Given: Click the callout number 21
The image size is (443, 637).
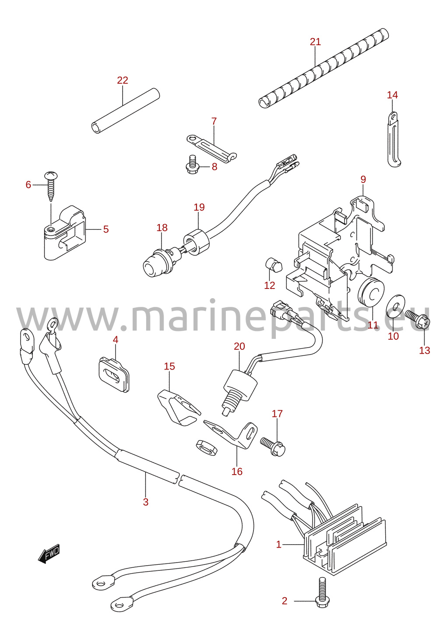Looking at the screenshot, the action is pos(315,42).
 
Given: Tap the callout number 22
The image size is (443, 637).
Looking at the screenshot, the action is pos(123,80).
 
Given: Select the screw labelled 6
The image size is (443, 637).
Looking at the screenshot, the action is pos(51,186).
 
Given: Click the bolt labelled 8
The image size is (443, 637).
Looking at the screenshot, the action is pos(192,164).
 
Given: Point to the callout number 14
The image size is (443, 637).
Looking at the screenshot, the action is pos(392,95).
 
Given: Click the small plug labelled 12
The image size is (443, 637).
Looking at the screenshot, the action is pos(274,265).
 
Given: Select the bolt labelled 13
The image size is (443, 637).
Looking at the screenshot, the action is pos(418,320).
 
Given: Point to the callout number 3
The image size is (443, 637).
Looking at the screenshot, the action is pos(146,502).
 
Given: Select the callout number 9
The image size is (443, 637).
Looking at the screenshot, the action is pos(363,179).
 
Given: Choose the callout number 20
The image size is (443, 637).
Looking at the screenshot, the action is pos(239,346).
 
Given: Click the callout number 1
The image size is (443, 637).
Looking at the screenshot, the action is pos(279,545).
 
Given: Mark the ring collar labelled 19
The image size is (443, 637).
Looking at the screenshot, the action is pos(196,241).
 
